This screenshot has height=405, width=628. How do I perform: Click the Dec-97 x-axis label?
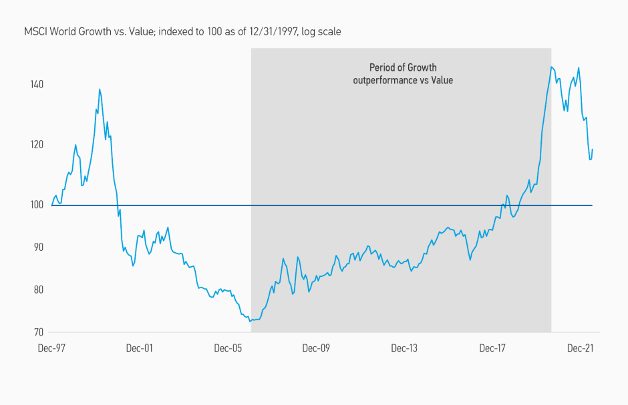tap(51, 348)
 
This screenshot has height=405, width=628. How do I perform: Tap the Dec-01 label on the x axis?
tap(140, 348)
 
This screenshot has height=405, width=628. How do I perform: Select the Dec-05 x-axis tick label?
tap(228, 348)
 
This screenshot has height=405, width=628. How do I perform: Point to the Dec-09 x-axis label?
tap(316, 348)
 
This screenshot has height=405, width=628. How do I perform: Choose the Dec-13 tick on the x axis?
tap(404, 348)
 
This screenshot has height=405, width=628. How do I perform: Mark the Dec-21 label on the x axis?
tap(581, 348)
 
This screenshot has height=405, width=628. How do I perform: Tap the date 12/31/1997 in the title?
tap(273, 31)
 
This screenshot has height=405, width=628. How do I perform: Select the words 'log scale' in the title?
tap(321, 31)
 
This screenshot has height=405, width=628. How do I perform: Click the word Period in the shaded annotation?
tap(383, 67)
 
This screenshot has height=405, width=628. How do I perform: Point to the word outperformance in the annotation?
tap(385, 80)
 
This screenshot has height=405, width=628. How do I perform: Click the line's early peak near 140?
tap(100, 89)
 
